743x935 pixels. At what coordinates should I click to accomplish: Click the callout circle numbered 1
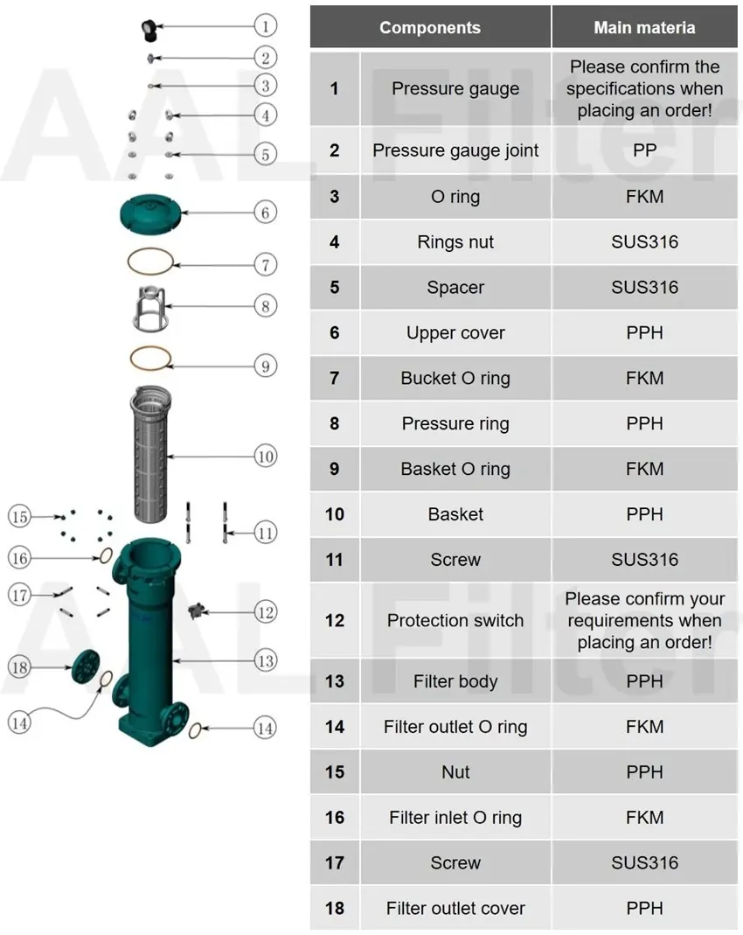pos(265,26)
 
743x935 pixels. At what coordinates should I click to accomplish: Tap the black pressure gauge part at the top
pos(149,30)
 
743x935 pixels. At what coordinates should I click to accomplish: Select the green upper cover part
pos(149,212)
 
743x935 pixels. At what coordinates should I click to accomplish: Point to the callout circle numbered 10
pos(265,457)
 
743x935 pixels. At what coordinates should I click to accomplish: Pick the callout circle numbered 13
pos(265,660)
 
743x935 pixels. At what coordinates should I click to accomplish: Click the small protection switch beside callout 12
pos(196,609)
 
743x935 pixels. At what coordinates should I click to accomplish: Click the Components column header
pos(429,27)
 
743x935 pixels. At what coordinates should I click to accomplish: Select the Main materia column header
pos(644,27)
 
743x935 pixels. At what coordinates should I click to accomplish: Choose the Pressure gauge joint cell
pos(455,150)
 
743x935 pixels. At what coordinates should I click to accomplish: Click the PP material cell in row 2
pos(644,150)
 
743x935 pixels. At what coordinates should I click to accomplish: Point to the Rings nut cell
pos(455,242)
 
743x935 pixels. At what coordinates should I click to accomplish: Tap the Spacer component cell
pos(455,288)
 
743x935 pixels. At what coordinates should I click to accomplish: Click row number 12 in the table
pos(335,621)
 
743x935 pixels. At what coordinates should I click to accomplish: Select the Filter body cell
pos(455,681)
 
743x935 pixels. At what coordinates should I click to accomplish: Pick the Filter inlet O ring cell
pos(455,818)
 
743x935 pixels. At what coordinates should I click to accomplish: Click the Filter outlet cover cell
pos(455,909)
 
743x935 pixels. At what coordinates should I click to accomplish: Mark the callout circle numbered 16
pos(20,557)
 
